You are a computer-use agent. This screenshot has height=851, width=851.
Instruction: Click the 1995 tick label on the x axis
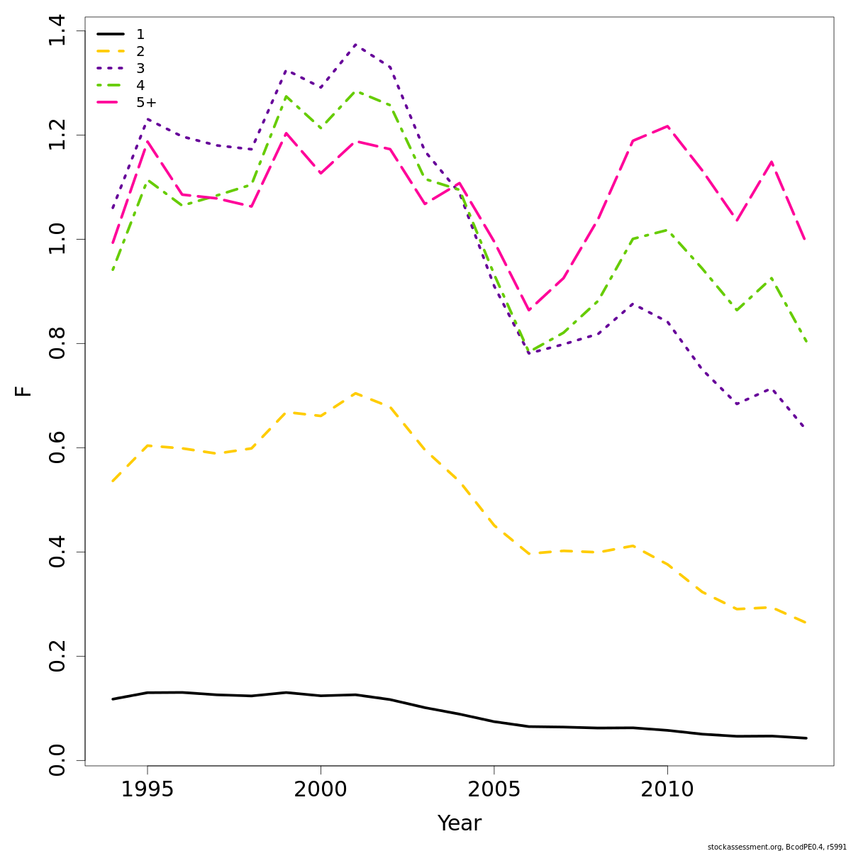148,789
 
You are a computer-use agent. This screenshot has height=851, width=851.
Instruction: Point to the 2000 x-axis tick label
321,789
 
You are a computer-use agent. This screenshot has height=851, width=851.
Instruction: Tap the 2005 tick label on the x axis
494,789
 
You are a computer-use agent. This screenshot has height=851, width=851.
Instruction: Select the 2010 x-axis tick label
667,789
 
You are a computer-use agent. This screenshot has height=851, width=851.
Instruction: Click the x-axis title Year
459,823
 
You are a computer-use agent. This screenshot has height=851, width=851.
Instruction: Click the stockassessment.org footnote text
777,847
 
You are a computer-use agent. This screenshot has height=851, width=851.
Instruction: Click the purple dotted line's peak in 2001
355,45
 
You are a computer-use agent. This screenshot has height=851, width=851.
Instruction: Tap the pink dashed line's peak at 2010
667,126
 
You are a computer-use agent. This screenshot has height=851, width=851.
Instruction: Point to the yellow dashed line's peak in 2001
355,393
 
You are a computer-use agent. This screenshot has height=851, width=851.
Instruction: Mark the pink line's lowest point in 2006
528,311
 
